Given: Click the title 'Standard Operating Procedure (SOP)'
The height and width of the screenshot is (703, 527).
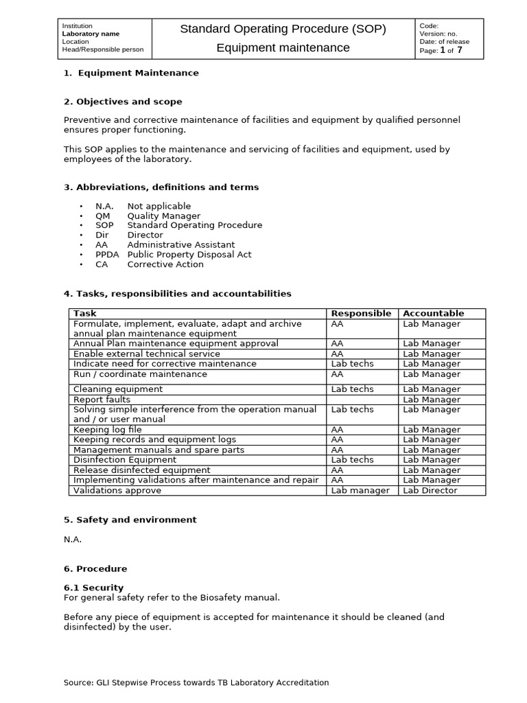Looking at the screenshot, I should (283, 29).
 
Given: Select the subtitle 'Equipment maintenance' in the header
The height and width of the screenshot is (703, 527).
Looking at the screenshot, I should (283, 47).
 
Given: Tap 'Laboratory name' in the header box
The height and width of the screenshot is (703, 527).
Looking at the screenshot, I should (91, 34).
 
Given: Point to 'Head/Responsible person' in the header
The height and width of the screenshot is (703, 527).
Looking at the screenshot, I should (103, 49).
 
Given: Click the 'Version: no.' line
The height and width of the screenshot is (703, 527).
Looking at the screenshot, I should (438, 34).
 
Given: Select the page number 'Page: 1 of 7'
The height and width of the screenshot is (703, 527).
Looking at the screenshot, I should (441, 50).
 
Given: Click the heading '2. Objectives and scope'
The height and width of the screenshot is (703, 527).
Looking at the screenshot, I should (123, 102).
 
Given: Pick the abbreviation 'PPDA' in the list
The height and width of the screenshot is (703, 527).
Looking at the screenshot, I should (107, 254).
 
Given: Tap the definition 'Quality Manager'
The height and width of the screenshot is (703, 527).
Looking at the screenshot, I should (164, 216).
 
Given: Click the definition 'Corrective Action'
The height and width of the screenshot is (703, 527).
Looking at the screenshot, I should (165, 264).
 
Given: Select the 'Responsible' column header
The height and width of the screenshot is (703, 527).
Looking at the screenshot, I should (361, 313).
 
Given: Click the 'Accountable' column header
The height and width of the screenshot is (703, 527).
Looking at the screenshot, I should (433, 313).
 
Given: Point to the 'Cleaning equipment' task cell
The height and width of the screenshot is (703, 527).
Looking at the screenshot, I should (118, 389).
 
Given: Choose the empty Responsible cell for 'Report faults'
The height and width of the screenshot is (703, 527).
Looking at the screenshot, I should (362, 400).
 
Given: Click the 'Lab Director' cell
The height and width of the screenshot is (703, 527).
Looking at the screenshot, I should (430, 491).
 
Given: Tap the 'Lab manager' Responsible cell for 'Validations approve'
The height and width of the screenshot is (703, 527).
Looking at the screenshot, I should (360, 491).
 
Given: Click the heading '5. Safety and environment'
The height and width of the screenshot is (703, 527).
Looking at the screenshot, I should (130, 520).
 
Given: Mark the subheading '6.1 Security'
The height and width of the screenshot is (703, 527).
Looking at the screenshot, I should (93, 588).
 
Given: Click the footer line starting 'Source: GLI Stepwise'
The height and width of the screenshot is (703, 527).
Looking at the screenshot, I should (196, 682).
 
